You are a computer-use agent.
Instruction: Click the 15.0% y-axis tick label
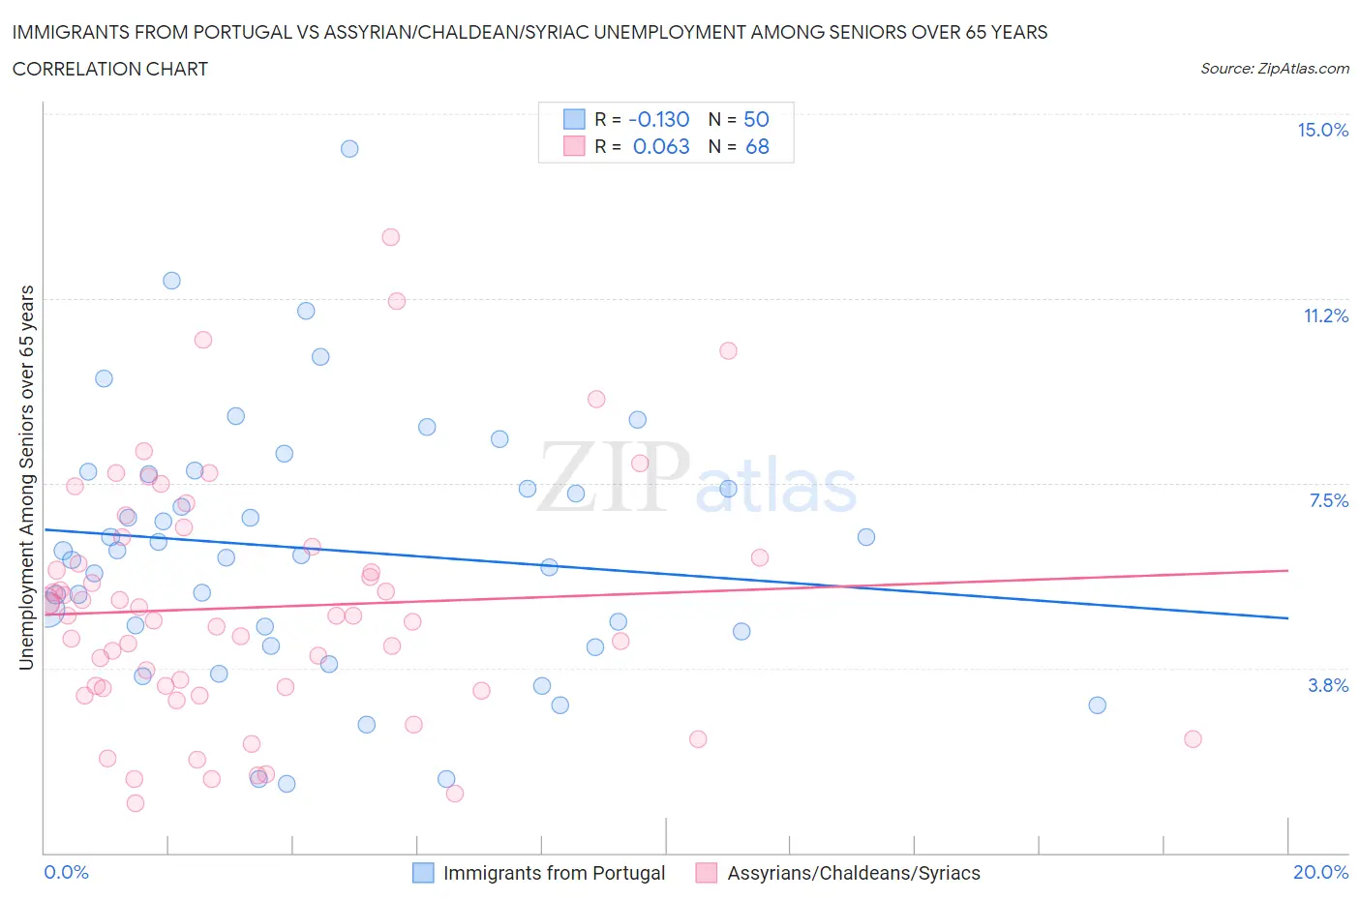coord(1322,130)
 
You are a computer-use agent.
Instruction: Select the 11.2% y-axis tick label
coord(1325,315)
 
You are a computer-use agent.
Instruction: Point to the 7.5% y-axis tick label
coord(1328,500)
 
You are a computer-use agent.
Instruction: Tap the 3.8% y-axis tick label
coord(1328,685)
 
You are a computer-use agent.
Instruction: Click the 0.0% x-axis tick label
coord(66,872)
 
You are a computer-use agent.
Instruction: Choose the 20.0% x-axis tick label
coord(1320,872)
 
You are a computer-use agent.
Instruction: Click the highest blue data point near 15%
coord(349,148)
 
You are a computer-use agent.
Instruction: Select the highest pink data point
coord(391,237)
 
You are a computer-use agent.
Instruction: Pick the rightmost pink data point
coord(1193,739)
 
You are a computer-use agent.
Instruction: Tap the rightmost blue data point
coord(1097,705)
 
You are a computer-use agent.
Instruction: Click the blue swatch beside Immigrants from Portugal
coord(423,873)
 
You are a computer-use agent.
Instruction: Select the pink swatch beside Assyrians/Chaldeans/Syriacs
coord(707,873)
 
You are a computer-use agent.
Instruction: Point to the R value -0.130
coord(658,119)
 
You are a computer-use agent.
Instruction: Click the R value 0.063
coord(661,146)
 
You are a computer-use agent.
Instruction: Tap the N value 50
coord(756,119)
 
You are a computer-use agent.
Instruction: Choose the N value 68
coord(757,146)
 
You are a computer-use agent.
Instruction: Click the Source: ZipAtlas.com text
coord(1274,69)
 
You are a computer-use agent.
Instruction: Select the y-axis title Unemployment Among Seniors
coord(27,477)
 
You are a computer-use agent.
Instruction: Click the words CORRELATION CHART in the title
coord(110,69)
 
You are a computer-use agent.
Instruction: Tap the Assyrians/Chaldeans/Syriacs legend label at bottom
coord(853,873)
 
